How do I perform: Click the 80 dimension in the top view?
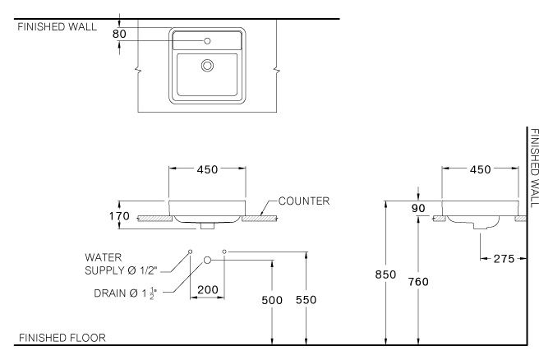(119, 35)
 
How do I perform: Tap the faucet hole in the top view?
(208, 39)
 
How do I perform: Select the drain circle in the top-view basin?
(208, 64)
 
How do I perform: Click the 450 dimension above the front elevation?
(208, 169)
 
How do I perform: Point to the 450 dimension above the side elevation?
(481, 169)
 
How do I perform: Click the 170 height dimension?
(120, 217)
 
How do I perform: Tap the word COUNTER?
(304, 201)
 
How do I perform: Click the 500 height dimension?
(271, 301)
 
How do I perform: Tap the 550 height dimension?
(306, 301)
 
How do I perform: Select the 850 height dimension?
(386, 275)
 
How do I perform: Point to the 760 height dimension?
(418, 281)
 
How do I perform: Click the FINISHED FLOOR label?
(62, 338)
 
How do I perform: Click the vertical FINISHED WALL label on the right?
(534, 168)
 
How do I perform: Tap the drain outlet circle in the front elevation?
(208, 260)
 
